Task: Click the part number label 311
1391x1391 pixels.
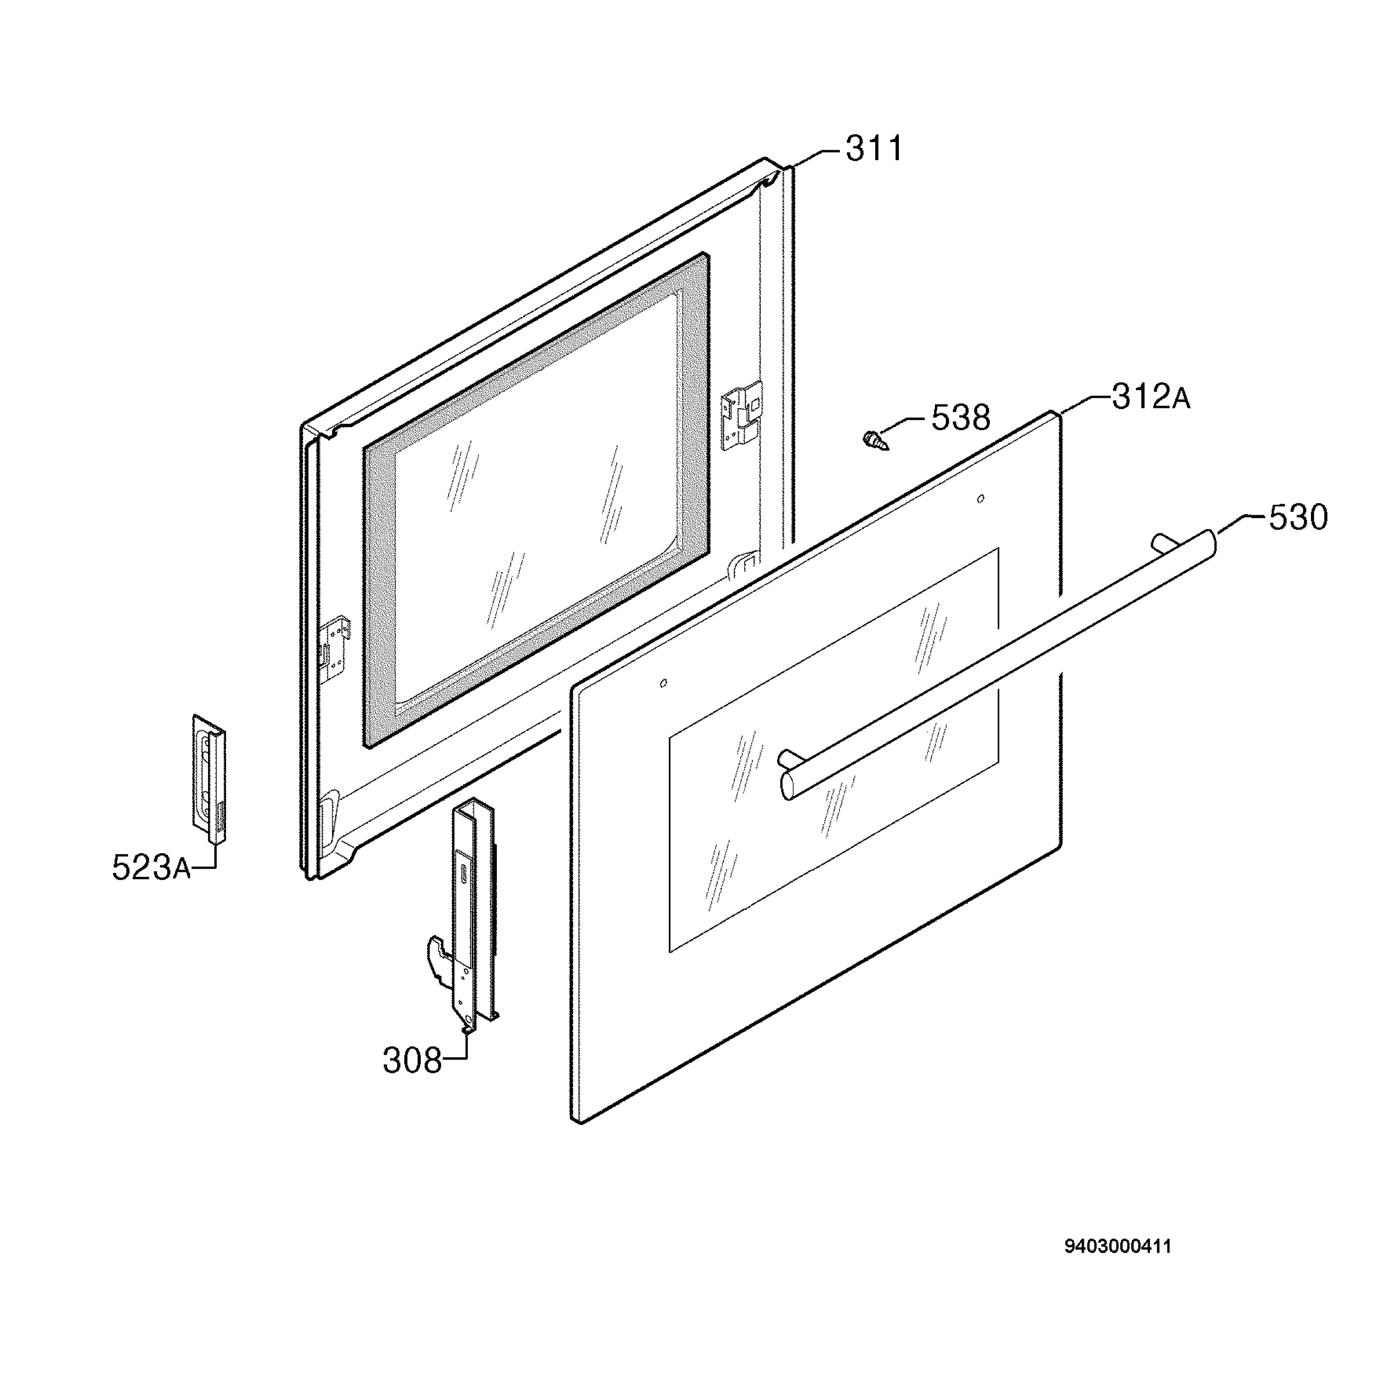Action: (x=873, y=149)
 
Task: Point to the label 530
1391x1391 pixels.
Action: (x=1298, y=518)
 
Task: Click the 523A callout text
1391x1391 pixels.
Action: (x=151, y=868)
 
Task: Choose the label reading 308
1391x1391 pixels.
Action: (x=412, y=1061)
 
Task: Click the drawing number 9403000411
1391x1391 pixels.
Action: (x=1117, y=1246)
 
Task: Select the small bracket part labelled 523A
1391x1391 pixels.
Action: (x=209, y=778)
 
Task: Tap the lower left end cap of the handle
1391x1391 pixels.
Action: (x=788, y=785)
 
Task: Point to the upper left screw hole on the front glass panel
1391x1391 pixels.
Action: (x=663, y=683)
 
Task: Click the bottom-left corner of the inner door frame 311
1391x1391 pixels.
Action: (x=309, y=879)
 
